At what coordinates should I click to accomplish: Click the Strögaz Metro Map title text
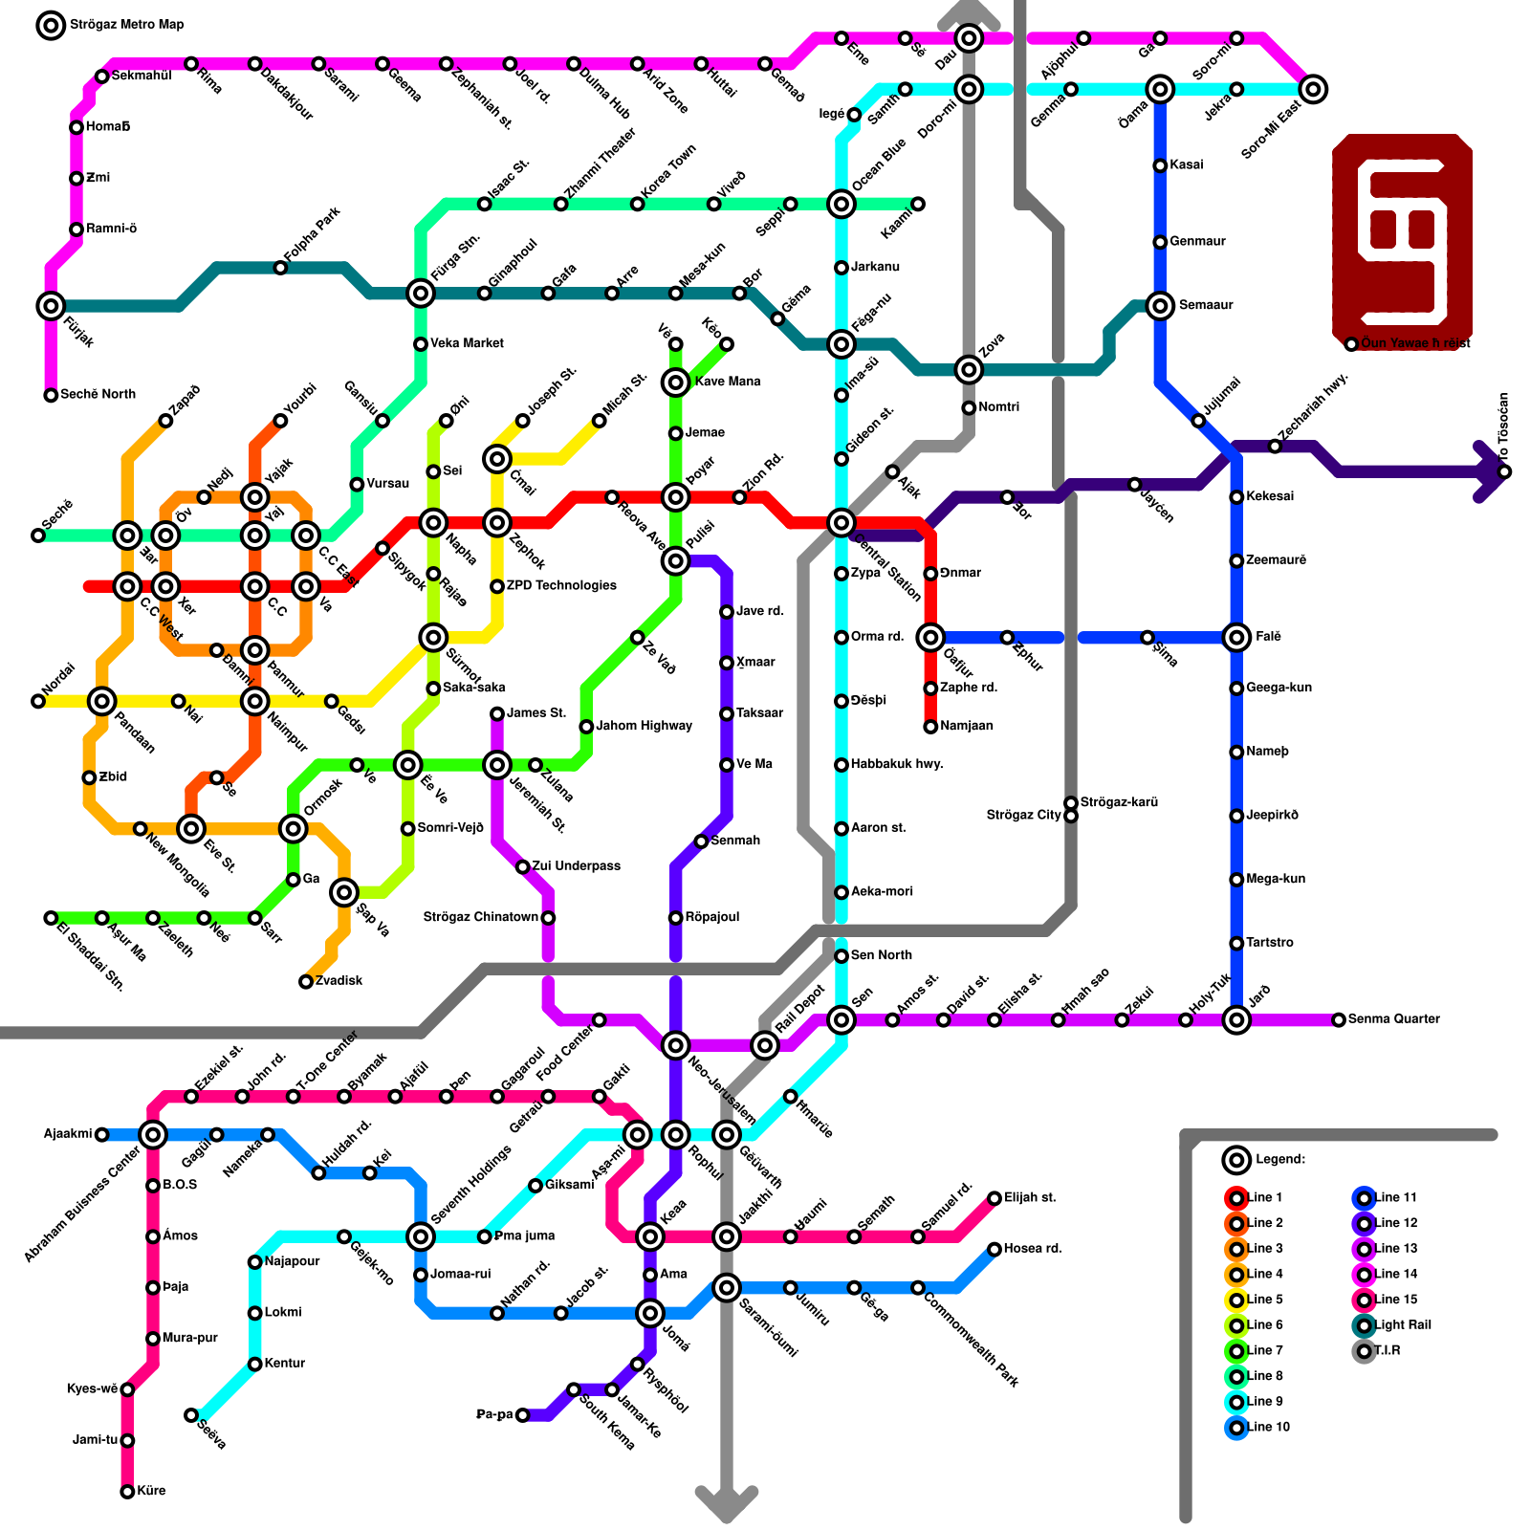click(x=127, y=25)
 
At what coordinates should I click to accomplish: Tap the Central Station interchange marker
click(x=841, y=522)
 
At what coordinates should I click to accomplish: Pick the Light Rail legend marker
click(x=1365, y=1325)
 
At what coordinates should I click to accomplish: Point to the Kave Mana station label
click(x=728, y=382)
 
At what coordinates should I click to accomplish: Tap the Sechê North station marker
click(x=51, y=395)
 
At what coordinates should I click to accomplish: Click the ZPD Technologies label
click(x=561, y=586)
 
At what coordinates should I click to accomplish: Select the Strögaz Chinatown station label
click(x=480, y=918)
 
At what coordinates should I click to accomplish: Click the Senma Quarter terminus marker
click(x=1339, y=1020)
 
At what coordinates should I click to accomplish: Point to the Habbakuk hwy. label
click(x=897, y=765)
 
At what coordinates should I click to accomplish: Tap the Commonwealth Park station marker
click(x=918, y=1288)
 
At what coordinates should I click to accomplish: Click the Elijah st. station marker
click(x=994, y=1198)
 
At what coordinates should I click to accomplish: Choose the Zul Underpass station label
click(x=577, y=866)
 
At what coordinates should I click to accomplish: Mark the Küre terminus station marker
click(x=127, y=1492)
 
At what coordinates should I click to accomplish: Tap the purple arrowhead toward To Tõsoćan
click(x=1492, y=471)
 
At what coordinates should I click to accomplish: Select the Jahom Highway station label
click(x=644, y=727)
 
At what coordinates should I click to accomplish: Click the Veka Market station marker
click(x=421, y=344)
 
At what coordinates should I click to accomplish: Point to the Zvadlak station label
click(x=339, y=981)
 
